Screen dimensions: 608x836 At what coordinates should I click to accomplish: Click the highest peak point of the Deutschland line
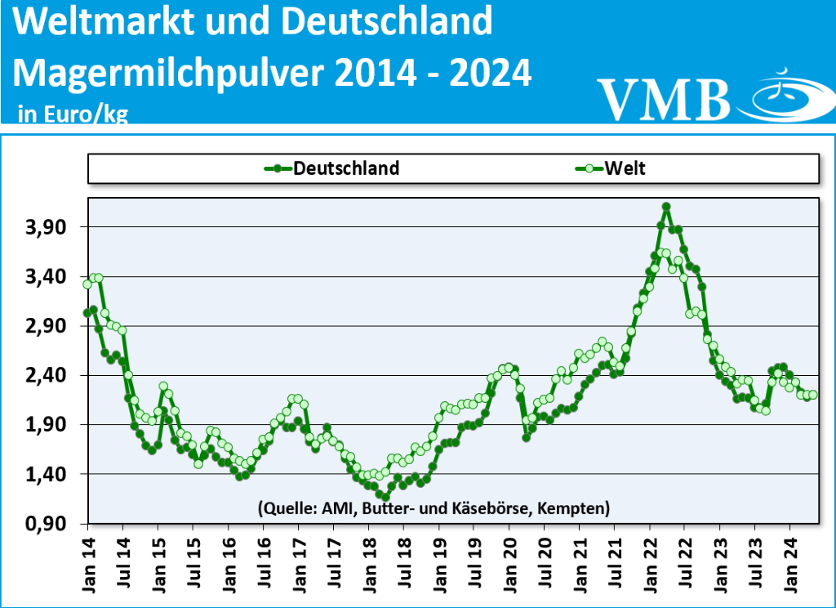(x=666, y=207)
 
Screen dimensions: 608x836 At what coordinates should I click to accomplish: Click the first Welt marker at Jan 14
(x=87, y=284)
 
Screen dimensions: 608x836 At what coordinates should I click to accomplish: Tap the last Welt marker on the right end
(x=813, y=395)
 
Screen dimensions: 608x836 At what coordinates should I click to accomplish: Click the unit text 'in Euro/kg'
(x=73, y=114)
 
